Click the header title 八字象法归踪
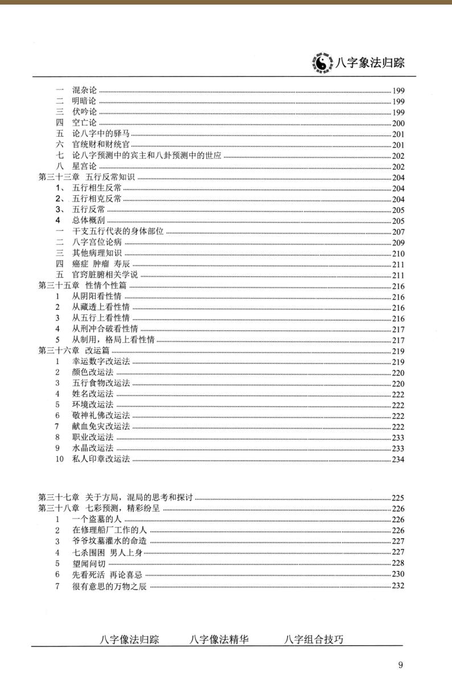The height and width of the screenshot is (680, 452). click(370, 63)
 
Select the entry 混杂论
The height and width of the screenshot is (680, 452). click(84, 91)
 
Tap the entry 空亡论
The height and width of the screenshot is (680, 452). click(84, 123)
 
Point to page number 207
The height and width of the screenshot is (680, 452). click(398, 232)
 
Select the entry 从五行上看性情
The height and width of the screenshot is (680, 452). click(101, 318)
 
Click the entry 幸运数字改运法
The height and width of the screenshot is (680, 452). click(101, 362)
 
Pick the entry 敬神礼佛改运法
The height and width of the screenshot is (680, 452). click(101, 416)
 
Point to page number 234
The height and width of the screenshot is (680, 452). click(398, 459)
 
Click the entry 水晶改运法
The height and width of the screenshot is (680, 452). click(92, 448)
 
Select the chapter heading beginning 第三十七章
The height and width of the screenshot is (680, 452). click(116, 498)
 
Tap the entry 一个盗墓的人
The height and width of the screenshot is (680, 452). click(96, 519)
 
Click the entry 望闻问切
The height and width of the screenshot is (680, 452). click(88, 563)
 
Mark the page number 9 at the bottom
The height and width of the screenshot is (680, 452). click(401, 665)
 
